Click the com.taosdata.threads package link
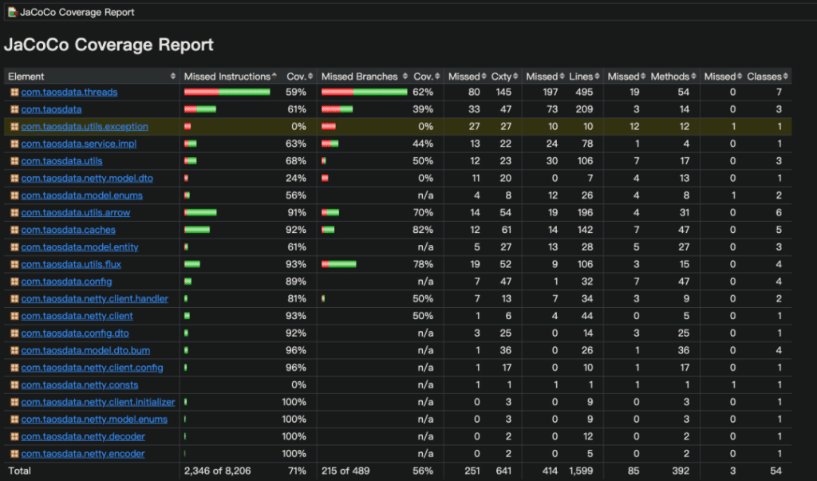(x=69, y=93)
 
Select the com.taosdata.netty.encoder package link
(x=83, y=454)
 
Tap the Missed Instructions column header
(x=227, y=77)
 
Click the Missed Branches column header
(x=359, y=77)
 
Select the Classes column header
(x=764, y=77)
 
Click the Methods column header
(x=669, y=77)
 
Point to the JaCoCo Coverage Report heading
(x=109, y=45)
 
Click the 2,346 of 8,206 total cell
(x=215, y=471)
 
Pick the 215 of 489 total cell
(x=347, y=471)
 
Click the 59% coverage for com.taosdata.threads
(x=296, y=93)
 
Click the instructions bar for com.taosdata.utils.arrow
(x=200, y=213)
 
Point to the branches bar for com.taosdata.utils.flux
(x=339, y=264)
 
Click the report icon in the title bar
(x=13, y=12)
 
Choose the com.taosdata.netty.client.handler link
(x=94, y=299)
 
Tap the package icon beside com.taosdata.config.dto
(x=14, y=333)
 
